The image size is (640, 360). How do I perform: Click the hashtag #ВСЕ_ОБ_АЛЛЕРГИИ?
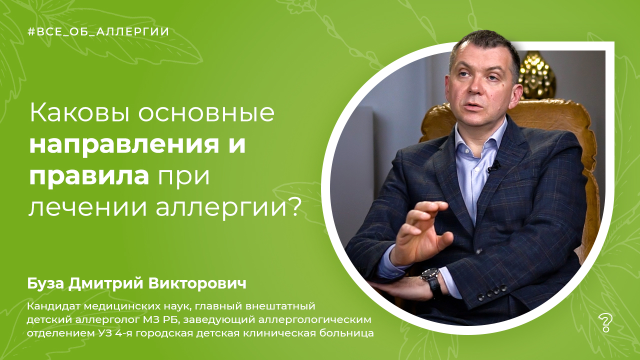coord(98,31)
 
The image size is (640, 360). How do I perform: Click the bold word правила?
coord(89,176)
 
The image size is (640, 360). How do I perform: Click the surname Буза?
coord(45,283)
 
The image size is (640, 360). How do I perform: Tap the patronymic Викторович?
coord(197,283)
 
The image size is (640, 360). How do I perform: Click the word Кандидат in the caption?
coord(53,306)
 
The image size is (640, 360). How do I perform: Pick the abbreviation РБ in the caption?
coord(171,319)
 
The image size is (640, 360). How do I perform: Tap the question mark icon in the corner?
coord(604,323)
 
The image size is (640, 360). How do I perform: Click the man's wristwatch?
coord(431,281)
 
